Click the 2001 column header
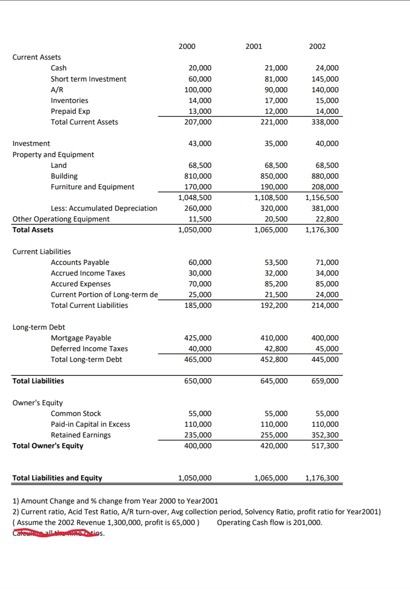point(254,47)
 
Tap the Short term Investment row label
point(88,79)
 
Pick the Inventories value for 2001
point(276,101)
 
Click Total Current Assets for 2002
point(325,122)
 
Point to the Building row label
point(64,176)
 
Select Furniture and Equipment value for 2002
point(325,187)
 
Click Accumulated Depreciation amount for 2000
point(198,208)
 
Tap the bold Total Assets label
point(33,230)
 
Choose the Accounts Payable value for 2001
point(276,262)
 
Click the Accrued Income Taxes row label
point(88,273)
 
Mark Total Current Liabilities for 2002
point(325,305)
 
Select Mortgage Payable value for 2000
point(198,338)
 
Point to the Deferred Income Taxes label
point(89,349)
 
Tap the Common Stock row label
point(76,414)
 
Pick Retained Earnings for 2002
point(325,435)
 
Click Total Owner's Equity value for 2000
point(198,446)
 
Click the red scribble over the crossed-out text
point(56,533)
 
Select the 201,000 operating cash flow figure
point(307,523)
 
